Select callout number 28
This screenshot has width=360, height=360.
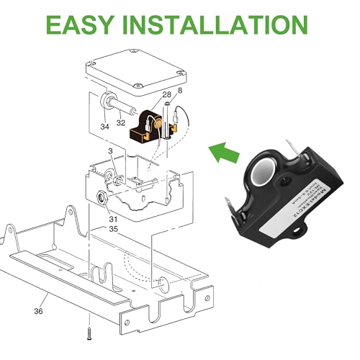pyautogui.click(x=166, y=95)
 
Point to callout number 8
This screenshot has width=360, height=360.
pyautogui.click(x=180, y=91)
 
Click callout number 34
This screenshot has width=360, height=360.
pyautogui.click(x=107, y=127)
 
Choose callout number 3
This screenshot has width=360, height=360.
pyautogui.click(x=110, y=153)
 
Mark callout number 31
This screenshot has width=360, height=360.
pyautogui.click(x=112, y=220)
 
